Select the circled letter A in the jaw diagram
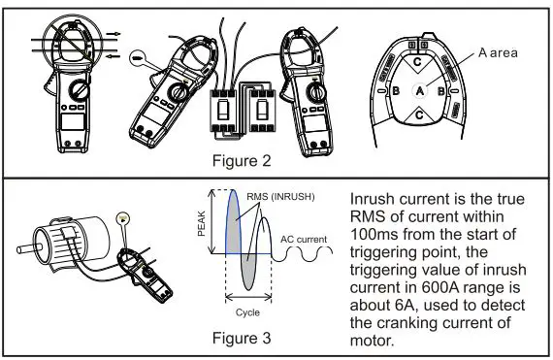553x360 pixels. click(419, 89)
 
